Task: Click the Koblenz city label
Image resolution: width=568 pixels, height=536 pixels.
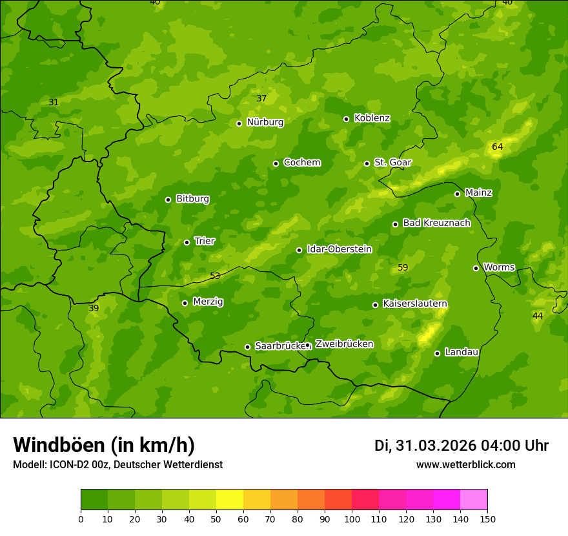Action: (372, 118)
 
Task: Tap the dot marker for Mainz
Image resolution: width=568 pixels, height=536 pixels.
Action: (457, 194)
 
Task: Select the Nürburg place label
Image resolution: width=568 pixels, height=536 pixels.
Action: (265, 122)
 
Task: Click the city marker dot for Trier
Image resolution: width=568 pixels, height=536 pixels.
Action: (187, 242)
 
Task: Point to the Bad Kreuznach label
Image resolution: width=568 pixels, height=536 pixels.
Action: (436, 223)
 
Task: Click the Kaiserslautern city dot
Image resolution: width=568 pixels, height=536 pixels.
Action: (375, 305)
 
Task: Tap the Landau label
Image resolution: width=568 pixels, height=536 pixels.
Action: (462, 352)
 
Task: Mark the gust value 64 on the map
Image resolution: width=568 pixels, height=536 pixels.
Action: (497, 147)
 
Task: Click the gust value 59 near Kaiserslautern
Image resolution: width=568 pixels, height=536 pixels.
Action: (403, 267)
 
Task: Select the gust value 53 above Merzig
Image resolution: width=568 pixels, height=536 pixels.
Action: (215, 276)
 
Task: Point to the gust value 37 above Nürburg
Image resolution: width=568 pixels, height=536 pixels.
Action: (261, 98)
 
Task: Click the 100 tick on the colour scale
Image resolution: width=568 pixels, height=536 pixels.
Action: (352, 519)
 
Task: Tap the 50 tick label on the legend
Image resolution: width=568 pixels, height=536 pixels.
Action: (216, 519)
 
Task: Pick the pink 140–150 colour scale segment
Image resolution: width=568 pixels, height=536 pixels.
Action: (474, 499)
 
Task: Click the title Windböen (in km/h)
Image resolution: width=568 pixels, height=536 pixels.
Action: (104, 445)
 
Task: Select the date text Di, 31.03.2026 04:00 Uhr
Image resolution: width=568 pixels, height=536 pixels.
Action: (462, 446)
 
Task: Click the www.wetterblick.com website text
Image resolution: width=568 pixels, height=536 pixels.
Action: (465, 465)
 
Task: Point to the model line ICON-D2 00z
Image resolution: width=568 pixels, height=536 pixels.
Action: (117, 465)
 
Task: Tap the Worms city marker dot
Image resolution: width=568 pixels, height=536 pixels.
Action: (476, 268)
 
